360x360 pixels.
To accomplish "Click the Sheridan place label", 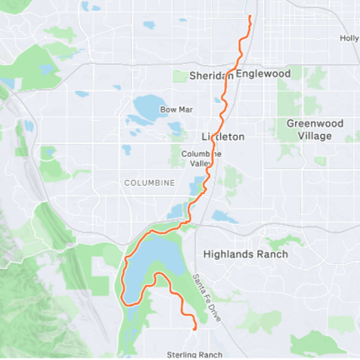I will tap(211, 75).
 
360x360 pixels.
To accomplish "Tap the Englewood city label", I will tap(263, 74).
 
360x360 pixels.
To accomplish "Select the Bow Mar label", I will tap(176, 109).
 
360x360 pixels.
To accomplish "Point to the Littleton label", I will tap(222, 136).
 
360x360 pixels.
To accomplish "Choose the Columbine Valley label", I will tap(202, 158).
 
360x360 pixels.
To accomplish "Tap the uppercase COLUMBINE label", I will tap(149, 182).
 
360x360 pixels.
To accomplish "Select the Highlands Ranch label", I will tap(246, 254).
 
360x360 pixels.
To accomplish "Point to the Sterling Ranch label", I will tap(195, 354).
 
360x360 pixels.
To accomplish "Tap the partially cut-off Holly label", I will tap(349, 38).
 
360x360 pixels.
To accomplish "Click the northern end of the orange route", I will tap(250, 17).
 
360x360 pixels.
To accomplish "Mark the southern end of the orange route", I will tap(195, 329).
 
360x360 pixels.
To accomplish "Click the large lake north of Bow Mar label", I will tap(150, 107).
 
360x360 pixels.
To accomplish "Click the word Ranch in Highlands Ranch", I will tap(272, 254).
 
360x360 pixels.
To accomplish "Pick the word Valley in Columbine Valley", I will tap(202, 163).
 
